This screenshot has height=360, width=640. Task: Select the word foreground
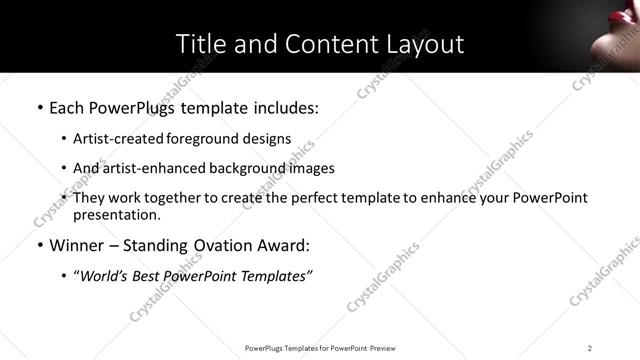(193, 139)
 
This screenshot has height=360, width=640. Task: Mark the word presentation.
(116, 214)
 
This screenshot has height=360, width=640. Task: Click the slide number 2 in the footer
(589, 348)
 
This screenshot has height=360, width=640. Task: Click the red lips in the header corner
(616, 39)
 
